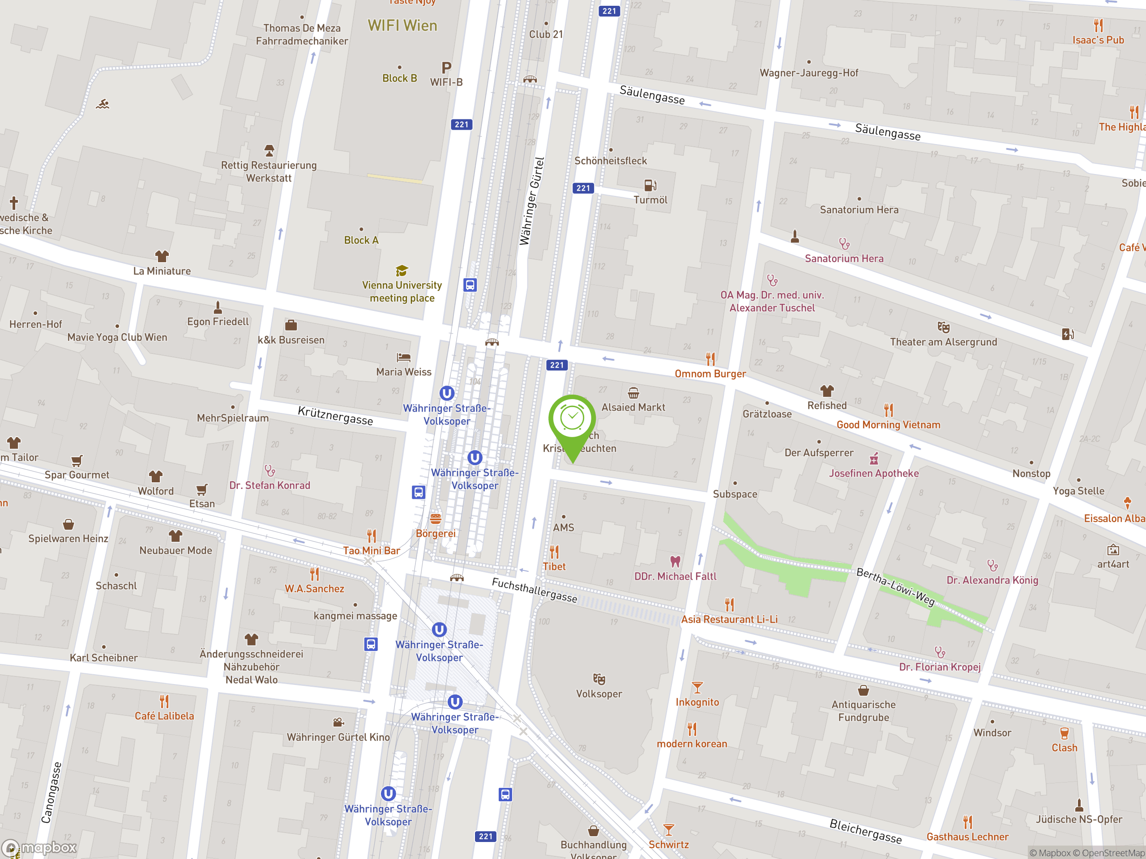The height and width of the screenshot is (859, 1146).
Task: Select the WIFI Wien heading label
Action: pyautogui.click(x=402, y=26)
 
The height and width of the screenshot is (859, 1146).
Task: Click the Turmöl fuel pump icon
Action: pyautogui.click(x=650, y=185)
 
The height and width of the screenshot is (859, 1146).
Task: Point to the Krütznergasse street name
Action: pyautogui.click(x=335, y=416)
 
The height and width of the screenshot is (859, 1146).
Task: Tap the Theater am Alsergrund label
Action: pyautogui.click(x=943, y=342)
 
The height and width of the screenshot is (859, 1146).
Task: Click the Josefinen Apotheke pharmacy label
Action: pyautogui.click(x=873, y=473)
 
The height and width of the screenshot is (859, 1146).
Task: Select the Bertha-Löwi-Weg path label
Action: pyautogui.click(x=895, y=587)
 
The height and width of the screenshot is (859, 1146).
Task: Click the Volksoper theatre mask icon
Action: pyautogui.click(x=599, y=679)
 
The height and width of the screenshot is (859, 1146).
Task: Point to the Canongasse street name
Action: pyautogui.click(x=51, y=792)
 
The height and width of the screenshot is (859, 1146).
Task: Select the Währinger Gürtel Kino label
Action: pyautogui.click(x=338, y=737)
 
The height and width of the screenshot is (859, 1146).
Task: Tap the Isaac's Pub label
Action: pyautogui.click(x=1098, y=40)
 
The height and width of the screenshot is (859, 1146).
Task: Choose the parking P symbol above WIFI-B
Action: pyautogui.click(x=446, y=67)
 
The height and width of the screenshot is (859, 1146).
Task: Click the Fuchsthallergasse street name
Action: pyautogui.click(x=534, y=590)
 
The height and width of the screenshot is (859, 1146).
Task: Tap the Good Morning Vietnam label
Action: pyautogui.click(x=888, y=425)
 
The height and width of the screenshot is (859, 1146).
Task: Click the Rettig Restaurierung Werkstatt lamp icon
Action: pyautogui.click(x=269, y=151)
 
